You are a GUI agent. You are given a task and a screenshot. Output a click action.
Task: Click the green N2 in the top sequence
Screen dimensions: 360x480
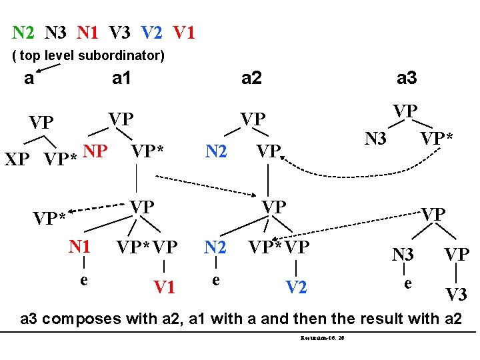point(24,31)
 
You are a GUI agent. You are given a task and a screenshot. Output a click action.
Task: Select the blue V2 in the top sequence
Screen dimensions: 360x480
point(153,31)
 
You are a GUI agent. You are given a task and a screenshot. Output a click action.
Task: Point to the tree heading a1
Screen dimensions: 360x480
point(121,79)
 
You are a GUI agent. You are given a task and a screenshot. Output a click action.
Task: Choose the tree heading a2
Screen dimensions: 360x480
point(251,79)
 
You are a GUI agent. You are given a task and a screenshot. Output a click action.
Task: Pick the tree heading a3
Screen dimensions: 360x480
point(407,79)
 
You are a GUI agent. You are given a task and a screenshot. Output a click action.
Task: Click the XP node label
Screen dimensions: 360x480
point(19,160)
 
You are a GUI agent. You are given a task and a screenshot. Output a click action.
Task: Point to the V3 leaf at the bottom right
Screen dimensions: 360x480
point(456,294)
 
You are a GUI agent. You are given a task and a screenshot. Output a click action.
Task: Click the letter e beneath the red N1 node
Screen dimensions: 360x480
point(83,279)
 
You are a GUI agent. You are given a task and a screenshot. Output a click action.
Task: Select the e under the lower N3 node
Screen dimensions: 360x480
point(407,283)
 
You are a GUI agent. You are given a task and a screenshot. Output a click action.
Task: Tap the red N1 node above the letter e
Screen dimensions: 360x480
point(80,247)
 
